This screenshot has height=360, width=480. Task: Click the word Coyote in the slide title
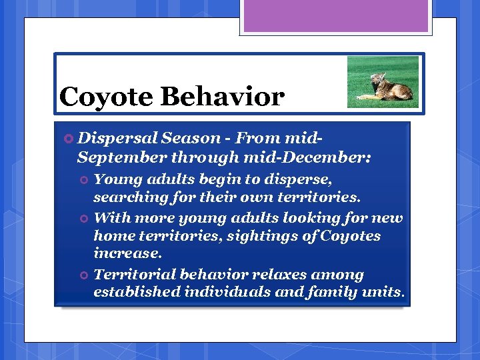click(106, 97)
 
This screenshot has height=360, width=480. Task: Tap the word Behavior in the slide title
click(222, 97)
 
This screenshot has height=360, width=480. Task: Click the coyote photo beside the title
click(383, 82)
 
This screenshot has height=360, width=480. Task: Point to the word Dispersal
click(117, 139)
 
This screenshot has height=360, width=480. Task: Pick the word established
click(137, 292)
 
